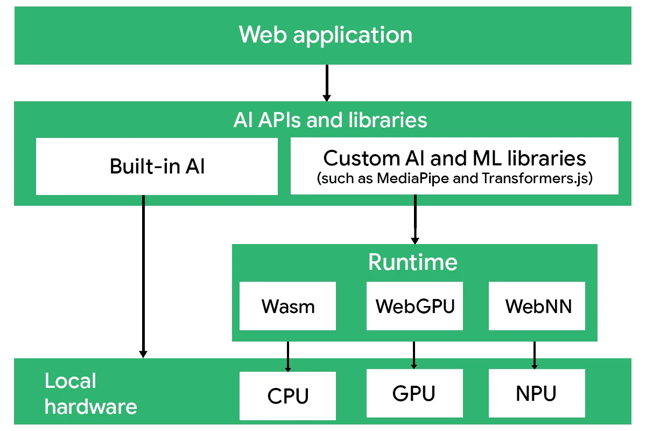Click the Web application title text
326,35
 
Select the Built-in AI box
157,166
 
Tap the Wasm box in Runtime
288,306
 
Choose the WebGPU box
415,306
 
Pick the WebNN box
537,306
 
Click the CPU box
288,396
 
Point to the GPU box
414,393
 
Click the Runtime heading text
413,262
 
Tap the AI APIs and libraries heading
330,120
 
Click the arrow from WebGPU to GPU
415,356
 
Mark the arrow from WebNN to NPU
535,356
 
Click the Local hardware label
90,393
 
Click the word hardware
90,406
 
